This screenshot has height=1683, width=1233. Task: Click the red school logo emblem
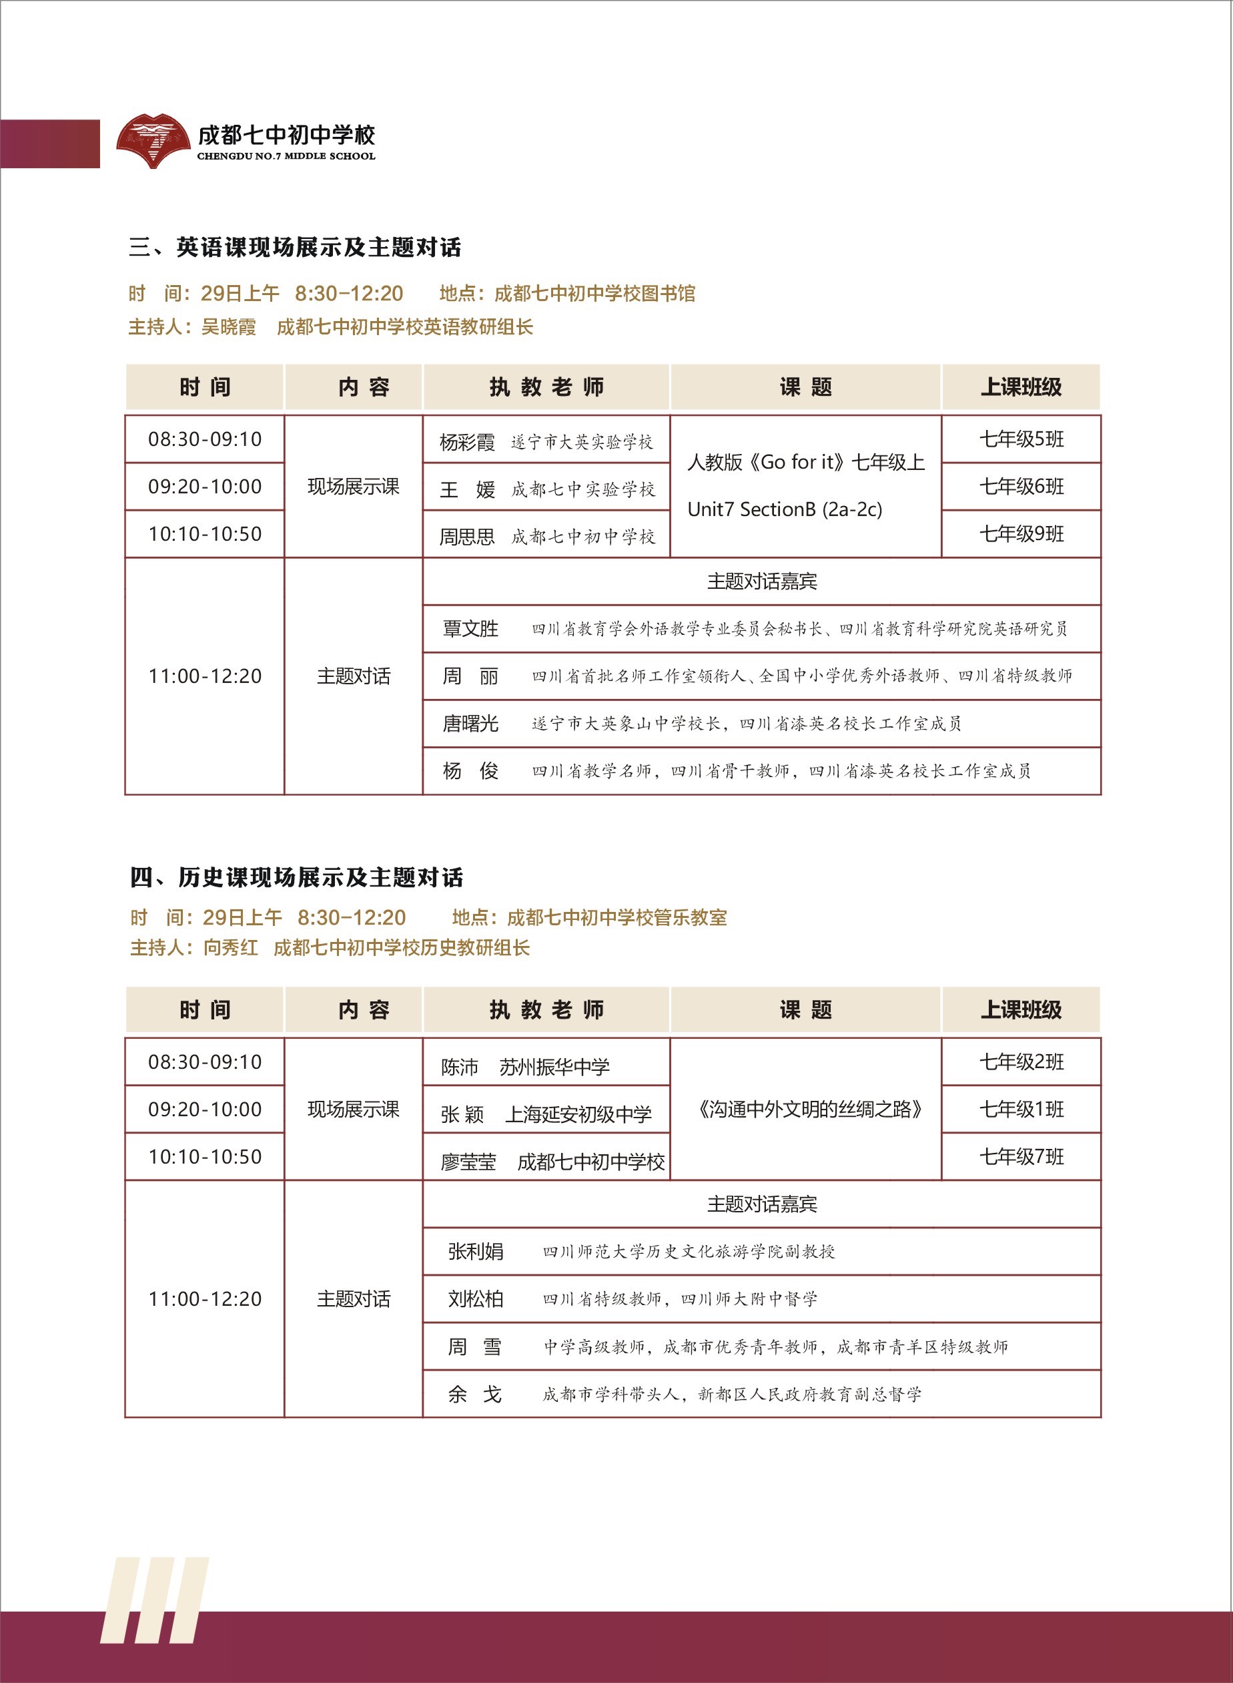153,140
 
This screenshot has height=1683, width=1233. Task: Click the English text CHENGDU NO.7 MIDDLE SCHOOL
286,157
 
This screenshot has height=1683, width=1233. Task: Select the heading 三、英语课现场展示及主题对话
295,247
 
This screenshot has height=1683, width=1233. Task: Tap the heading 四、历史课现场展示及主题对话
296,877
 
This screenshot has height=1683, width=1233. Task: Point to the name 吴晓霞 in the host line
228,327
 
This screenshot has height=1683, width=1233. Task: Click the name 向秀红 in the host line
231,948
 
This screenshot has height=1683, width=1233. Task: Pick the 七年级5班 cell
1021,439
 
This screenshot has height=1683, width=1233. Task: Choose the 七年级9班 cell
1021,534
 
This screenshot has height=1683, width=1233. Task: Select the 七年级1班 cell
1021,1110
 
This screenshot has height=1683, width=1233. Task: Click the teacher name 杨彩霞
466,443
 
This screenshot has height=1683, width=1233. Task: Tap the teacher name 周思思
466,537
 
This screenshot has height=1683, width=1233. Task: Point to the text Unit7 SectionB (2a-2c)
785,510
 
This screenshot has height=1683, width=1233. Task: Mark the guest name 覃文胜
470,629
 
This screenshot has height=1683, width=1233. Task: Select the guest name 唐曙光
470,724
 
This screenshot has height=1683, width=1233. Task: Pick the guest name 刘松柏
476,1299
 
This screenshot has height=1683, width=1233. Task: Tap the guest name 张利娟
476,1252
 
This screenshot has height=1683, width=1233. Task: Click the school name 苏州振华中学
554,1067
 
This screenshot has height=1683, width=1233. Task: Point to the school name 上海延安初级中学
578,1115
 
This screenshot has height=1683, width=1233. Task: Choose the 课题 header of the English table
805,387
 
